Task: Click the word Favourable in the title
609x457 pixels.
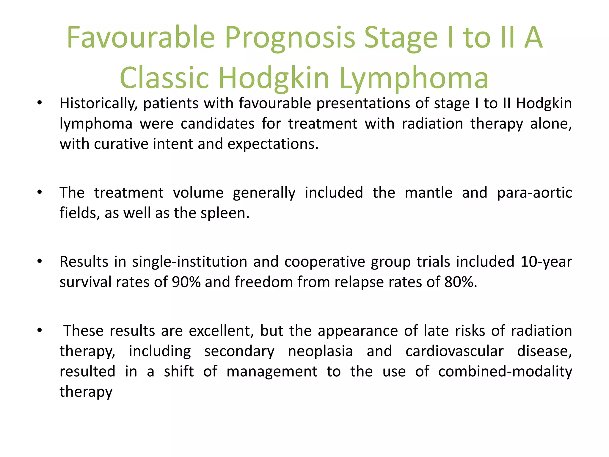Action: (x=140, y=37)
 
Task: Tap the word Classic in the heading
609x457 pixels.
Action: (x=164, y=78)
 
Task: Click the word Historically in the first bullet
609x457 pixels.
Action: (x=98, y=104)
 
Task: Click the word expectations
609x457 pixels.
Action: (x=273, y=144)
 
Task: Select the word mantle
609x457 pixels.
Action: (x=429, y=193)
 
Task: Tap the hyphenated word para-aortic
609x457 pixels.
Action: (x=534, y=193)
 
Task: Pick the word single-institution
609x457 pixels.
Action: (x=189, y=262)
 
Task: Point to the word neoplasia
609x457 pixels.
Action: (x=320, y=351)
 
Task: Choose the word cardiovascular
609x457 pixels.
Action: (x=454, y=351)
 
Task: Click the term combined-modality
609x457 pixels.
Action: (x=505, y=372)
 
